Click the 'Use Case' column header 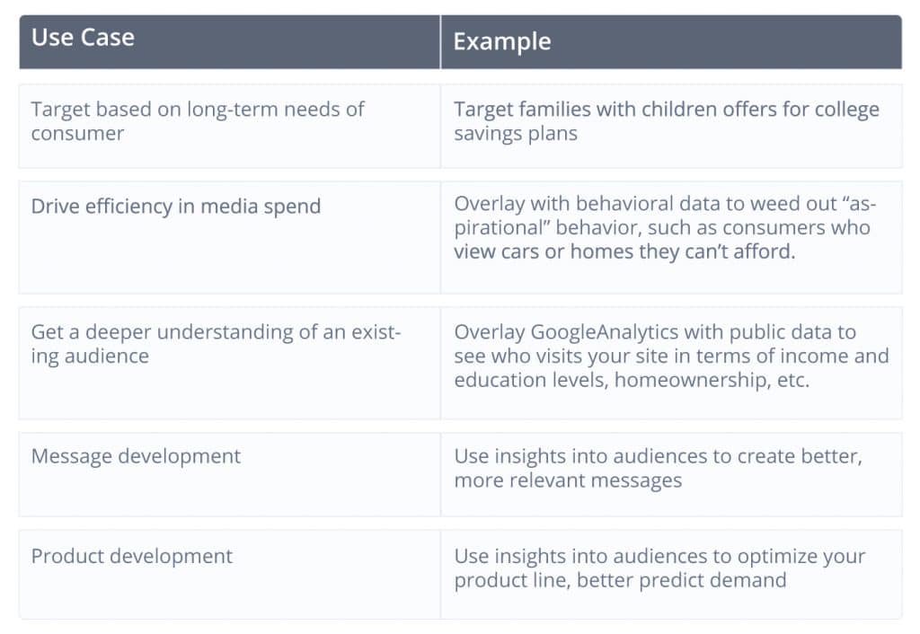tap(83, 38)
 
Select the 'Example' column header tap(502, 41)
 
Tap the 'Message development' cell tap(136, 456)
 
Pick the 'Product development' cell tap(131, 556)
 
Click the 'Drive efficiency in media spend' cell tap(176, 207)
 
